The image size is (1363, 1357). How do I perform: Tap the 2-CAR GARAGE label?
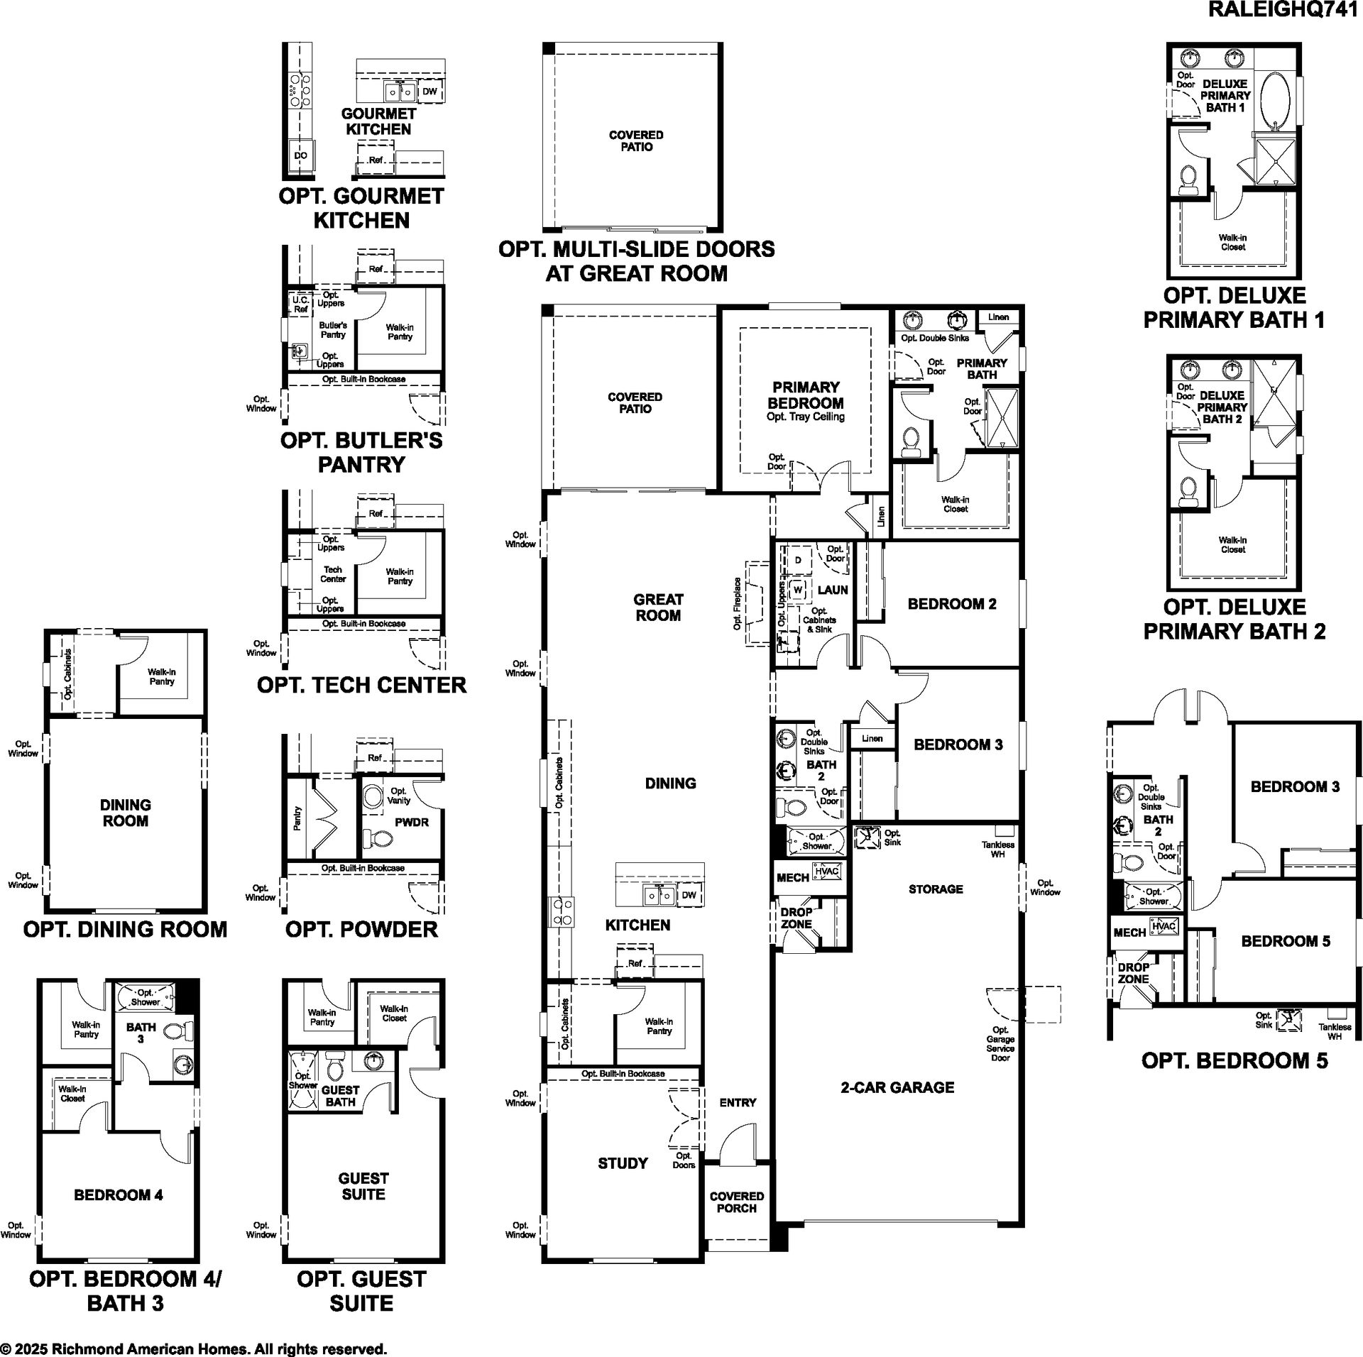(897, 1087)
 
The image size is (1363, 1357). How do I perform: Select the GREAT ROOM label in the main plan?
(658, 608)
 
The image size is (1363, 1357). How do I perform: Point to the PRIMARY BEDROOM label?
(806, 395)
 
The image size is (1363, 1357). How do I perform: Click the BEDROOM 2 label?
(952, 604)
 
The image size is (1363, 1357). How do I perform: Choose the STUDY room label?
(623, 1163)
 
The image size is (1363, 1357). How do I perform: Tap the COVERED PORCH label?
(737, 1202)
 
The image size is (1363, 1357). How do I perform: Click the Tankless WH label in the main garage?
(997, 850)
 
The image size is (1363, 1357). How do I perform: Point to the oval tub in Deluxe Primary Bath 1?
(1276, 100)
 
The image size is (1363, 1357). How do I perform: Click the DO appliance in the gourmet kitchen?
(301, 155)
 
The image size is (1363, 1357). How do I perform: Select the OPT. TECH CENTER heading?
(362, 685)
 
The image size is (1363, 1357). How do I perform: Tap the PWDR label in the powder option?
(412, 822)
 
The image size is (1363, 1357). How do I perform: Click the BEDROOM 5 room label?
(1286, 941)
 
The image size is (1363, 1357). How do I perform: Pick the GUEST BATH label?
(341, 1096)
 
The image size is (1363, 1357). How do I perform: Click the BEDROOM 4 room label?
(119, 1195)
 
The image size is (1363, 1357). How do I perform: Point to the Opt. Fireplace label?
(738, 603)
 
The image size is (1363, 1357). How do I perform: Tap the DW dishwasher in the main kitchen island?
(689, 895)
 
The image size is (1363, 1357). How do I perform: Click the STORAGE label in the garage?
(936, 889)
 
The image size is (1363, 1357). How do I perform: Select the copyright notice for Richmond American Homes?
(194, 1349)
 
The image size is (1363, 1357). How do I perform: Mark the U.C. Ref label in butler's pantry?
(300, 304)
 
